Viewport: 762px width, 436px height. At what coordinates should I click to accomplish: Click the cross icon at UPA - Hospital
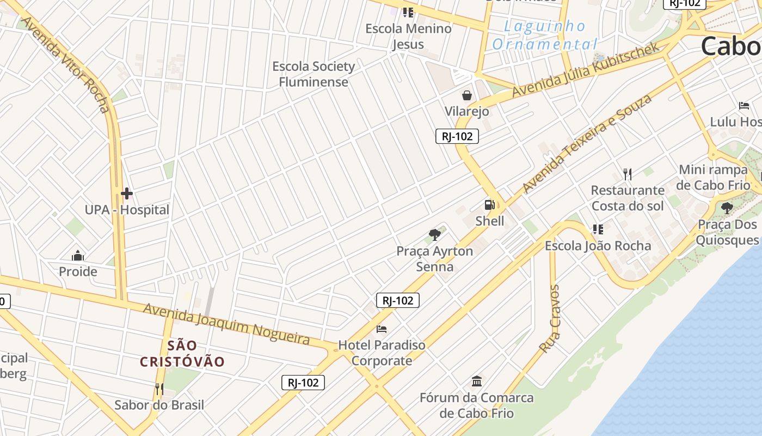pos(127,193)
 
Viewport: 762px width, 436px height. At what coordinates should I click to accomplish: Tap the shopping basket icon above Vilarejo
pos(466,96)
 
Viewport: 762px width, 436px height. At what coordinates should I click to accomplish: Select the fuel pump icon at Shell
pos(490,205)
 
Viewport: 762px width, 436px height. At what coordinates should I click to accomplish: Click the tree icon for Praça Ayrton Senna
pos(434,235)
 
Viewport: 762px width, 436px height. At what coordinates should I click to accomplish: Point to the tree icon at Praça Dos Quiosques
pos(727,208)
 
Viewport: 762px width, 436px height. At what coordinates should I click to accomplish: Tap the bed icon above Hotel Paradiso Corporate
pos(382,329)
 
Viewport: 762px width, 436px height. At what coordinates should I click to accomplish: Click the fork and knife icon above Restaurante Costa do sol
pos(628,174)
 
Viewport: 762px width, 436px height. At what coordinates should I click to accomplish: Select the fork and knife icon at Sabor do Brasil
pos(159,389)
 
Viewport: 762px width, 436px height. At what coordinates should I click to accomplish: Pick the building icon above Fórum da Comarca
pos(477,381)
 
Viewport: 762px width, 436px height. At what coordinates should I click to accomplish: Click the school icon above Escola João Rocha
pos(598,229)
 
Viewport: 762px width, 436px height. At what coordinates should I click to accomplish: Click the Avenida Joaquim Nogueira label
pos(226,324)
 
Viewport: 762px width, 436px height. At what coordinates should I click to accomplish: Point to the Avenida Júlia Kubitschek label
pos(587,71)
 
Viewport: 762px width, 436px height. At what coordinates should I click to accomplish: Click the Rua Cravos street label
pos(549,318)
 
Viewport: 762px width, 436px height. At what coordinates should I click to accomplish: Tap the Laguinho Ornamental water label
pos(544,35)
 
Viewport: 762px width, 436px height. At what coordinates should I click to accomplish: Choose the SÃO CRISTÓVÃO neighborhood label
pos(182,353)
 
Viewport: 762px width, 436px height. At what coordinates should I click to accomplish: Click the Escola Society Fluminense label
pos(314,74)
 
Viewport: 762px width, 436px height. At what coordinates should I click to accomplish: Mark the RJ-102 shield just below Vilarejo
pos(457,136)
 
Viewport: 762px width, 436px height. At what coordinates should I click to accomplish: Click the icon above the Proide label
pos(78,256)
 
